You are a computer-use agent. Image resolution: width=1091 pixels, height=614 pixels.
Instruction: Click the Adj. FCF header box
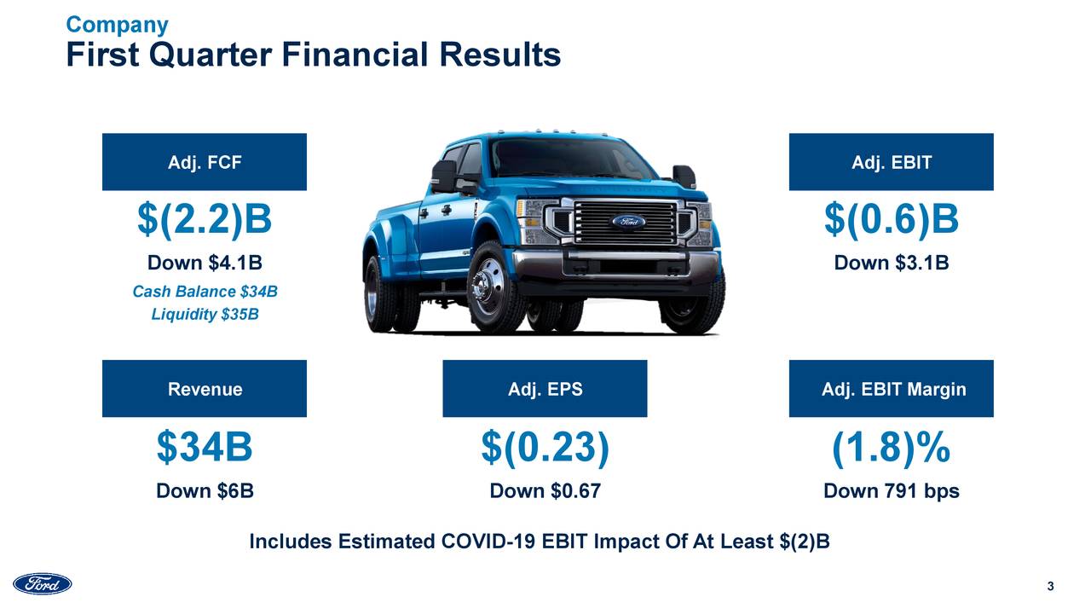[x=205, y=162]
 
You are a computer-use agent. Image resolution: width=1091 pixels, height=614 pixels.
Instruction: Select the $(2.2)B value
[x=205, y=220]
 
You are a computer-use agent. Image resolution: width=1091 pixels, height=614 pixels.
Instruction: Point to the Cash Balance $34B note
[x=205, y=293]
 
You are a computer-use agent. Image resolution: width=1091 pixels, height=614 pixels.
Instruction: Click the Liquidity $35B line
[x=205, y=315]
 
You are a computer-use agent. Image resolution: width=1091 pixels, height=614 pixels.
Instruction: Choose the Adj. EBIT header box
[x=891, y=162]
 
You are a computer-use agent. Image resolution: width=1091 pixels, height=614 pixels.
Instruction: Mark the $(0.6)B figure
[x=891, y=220]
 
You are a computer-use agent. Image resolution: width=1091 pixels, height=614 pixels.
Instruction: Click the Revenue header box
[x=205, y=389]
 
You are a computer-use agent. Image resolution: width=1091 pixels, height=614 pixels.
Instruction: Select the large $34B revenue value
[x=205, y=448]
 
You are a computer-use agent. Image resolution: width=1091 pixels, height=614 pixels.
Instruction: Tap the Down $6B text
[x=205, y=491]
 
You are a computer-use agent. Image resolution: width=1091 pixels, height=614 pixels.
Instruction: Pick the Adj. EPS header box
[x=545, y=389]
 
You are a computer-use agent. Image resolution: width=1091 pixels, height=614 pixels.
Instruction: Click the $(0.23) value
[x=545, y=448]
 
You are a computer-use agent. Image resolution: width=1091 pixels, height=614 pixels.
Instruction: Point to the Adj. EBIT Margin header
[x=891, y=389]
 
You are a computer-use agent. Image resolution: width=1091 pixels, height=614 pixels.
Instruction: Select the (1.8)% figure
[x=891, y=448]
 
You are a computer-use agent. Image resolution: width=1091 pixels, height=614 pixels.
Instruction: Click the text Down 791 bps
[x=891, y=491]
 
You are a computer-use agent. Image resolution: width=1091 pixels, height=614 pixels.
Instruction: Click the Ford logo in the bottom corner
[x=42, y=584]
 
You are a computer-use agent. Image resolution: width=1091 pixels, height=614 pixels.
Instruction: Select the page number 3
[x=1050, y=586]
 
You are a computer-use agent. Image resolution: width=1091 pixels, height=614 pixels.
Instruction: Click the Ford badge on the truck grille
[x=628, y=221]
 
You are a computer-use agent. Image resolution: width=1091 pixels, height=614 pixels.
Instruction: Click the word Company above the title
[x=117, y=25]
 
